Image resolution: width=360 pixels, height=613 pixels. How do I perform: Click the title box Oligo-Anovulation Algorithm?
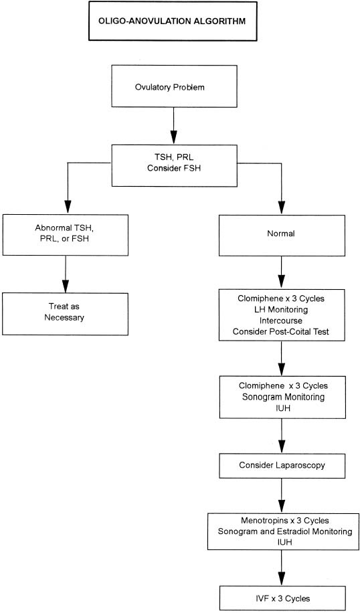[173, 21]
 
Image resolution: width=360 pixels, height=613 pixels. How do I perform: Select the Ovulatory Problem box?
[175, 86]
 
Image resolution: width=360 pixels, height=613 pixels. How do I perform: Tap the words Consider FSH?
[174, 169]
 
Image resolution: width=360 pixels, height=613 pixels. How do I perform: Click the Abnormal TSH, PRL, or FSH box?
[66, 235]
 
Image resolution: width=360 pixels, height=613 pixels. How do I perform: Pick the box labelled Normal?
[282, 236]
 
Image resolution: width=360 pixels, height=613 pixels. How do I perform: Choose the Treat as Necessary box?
[66, 314]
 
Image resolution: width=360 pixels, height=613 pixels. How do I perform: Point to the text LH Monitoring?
[281, 310]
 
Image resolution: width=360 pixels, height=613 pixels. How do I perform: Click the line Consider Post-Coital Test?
[281, 331]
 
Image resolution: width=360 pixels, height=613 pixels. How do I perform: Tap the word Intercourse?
[281, 321]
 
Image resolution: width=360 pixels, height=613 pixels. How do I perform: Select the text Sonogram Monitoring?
[284, 397]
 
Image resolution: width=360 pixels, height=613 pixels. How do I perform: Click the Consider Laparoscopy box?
[282, 466]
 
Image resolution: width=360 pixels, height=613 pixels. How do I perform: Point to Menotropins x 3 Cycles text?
[285, 521]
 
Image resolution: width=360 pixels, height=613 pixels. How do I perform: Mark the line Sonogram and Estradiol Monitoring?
[285, 531]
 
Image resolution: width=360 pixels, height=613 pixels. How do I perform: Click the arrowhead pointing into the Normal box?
[282, 207]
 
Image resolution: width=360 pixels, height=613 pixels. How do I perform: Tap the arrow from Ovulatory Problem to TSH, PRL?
[173, 126]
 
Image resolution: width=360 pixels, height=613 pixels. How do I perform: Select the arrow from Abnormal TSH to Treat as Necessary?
[66, 274]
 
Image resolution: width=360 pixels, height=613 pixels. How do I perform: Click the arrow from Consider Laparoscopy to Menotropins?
[282, 496]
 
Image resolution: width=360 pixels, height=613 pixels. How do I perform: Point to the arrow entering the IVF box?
[282, 567]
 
